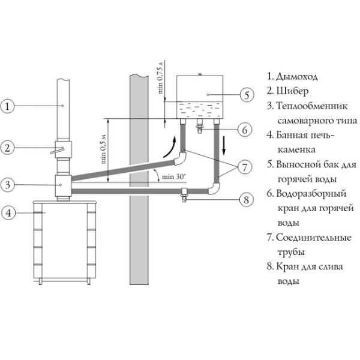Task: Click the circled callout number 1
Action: pos(7,106)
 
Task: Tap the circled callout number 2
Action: pos(7,148)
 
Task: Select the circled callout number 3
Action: pos(7,185)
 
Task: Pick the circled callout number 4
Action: pos(8,213)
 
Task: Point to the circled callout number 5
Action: pos(247,95)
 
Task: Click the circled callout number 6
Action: pos(245,130)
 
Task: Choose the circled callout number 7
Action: pos(245,167)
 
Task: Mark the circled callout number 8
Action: pos(246,199)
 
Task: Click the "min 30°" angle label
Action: pos(173,177)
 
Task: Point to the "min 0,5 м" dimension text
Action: pos(104,149)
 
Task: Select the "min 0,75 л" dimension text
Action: pos(160,77)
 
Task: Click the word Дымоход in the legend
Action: pos(296,77)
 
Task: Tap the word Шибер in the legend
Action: pos(292,91)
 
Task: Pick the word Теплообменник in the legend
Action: pos(312,106)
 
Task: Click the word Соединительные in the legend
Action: pos(314,238)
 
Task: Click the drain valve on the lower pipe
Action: pos(184,194)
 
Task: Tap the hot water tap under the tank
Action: pos(200,127)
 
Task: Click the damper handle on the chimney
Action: pos(57,151)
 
